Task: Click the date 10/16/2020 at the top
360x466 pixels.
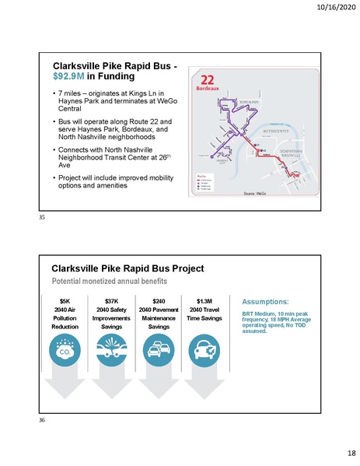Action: pyautogui.click(x=336, y=9)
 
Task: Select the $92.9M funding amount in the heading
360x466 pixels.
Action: pyautogui.click(x=68, y=78)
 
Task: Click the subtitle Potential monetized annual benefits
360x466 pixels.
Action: pyautogui.click(x=105, y=279)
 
